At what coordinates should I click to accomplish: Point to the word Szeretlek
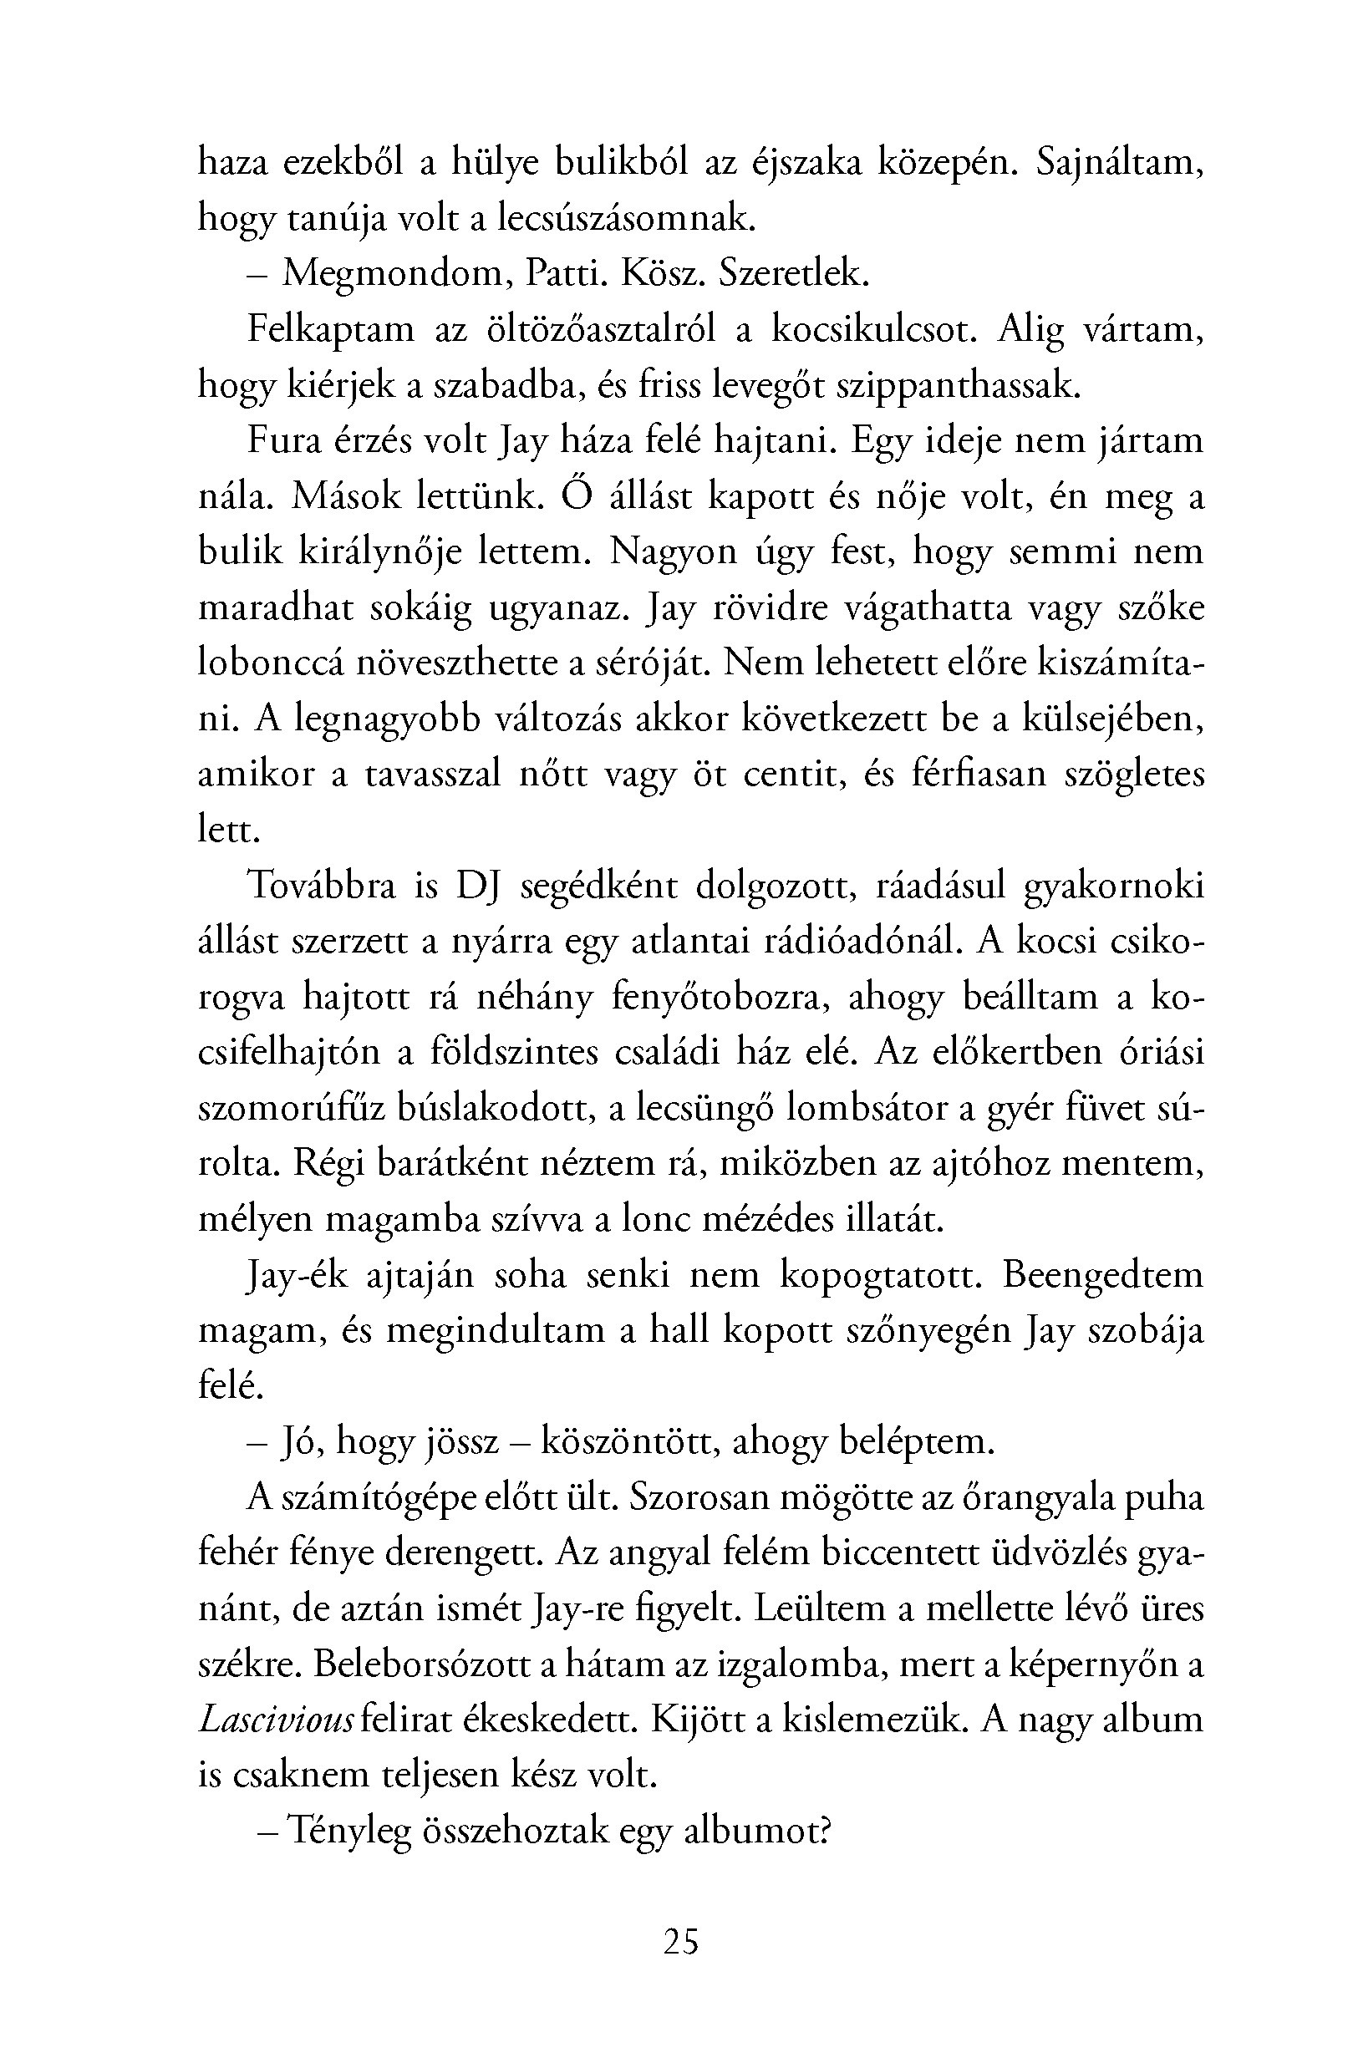tap(792, 275)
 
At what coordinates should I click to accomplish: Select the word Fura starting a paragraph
tap(282, 440)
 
